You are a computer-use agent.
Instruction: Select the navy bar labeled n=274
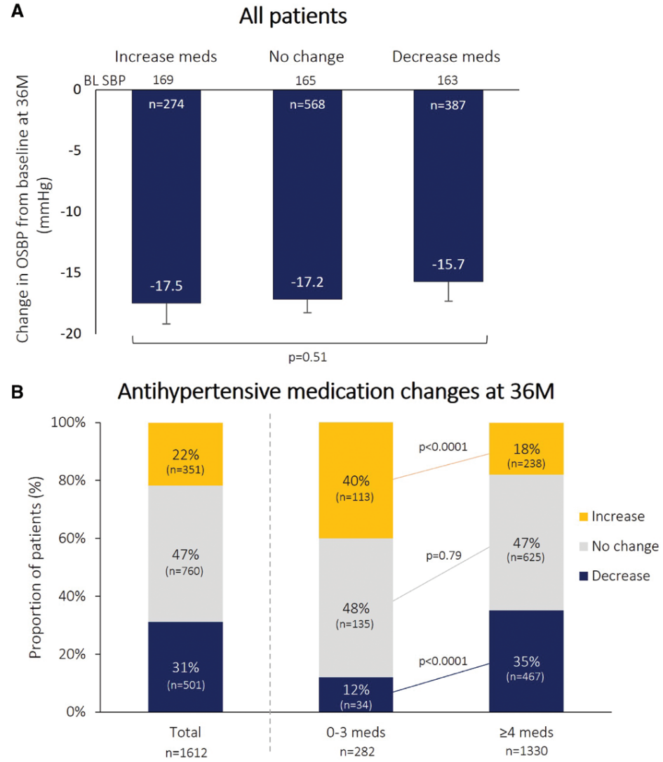[x=166, y=197]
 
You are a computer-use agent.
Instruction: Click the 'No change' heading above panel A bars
[x=306, y=56]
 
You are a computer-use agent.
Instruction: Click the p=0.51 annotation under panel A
[x=308, y=356]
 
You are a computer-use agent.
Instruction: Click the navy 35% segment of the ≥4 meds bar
[x=526, y=667]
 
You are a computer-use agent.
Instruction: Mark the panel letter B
[x=16, y=391]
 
